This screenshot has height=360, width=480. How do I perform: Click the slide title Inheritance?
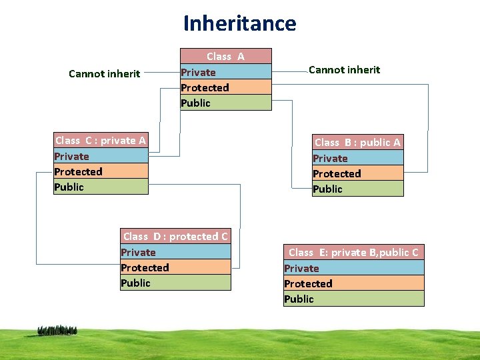point(240,23)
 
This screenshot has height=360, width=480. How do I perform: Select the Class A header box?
point(226,56)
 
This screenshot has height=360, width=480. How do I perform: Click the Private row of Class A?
point(226,72)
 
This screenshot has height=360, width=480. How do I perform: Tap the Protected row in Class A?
point(226,87)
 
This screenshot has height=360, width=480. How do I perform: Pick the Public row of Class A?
point(226,103)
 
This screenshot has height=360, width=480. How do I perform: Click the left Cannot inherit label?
point(104,73)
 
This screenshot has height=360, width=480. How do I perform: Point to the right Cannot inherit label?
point(344,69)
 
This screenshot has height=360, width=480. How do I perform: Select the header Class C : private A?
point(101,140)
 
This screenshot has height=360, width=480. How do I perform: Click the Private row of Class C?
point(101,156)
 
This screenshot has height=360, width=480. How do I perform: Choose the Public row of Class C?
point(101,187)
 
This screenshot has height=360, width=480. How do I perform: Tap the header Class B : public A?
point(357,142)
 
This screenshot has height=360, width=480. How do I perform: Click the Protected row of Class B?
point(357,173)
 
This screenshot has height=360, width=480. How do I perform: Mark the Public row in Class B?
point(357,189)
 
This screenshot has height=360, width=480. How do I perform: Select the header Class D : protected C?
point(175,236)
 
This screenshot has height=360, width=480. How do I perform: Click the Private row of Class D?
point(175,252)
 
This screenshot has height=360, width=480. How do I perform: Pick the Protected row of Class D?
point(175,267)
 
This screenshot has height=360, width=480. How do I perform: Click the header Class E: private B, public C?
point(353,252)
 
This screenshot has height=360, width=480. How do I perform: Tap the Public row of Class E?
point(353,299)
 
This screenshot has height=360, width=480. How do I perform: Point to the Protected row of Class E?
point(353,283)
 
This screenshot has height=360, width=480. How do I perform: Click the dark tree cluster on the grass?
point(57,330)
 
